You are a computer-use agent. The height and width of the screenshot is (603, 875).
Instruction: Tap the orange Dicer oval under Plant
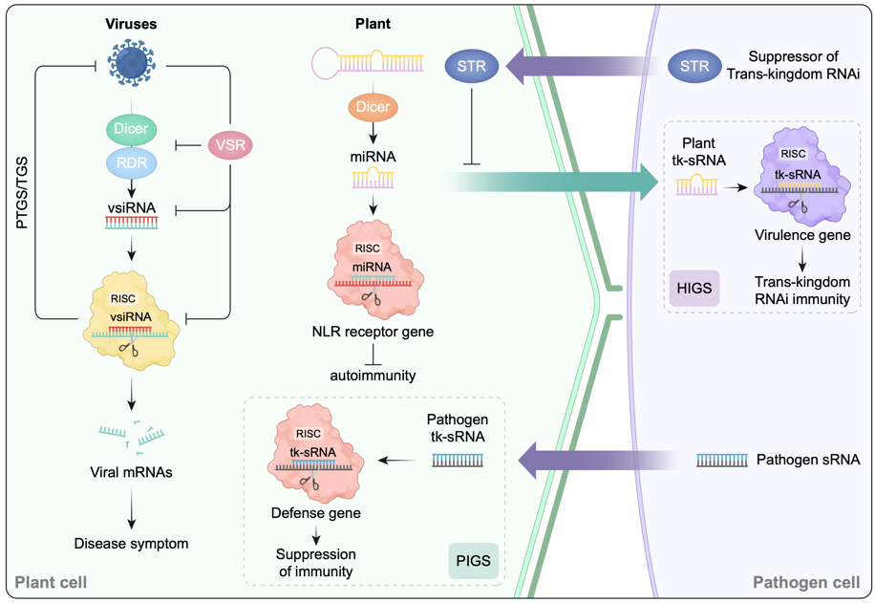[x=373, y=107]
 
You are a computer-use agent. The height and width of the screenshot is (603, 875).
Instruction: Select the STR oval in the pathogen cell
[x=695, y=67]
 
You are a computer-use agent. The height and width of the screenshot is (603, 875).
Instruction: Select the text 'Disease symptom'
[x=132, y=544]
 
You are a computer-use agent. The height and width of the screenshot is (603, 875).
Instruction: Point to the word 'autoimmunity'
[x=373, y=376]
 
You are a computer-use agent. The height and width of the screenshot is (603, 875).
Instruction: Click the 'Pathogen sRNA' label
[x=808, y=460]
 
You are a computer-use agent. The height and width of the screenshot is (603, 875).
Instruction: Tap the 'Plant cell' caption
[x=50, y=582]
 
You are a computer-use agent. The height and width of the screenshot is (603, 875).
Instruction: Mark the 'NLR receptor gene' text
[x=372, y=332]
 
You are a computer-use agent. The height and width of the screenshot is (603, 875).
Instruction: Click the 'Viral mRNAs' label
[x=132, y=471]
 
